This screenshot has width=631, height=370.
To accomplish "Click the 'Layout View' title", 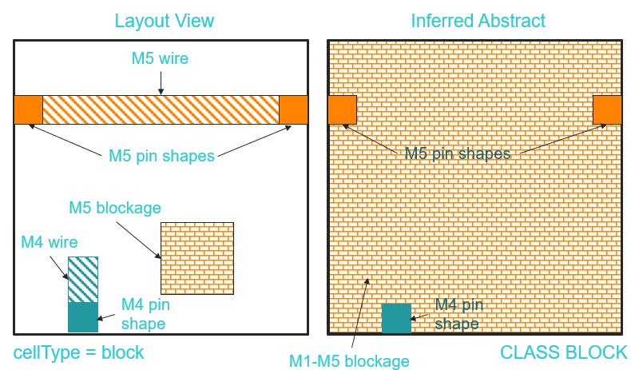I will [165, 21].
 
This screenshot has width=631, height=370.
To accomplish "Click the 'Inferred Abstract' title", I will [478, 21].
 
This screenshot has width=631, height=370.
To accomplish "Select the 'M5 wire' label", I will [161, 58].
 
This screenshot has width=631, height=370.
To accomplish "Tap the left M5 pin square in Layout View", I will [28, 109].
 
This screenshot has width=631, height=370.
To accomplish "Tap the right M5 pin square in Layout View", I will [293, 109].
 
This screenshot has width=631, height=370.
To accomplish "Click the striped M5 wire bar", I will [161, 109].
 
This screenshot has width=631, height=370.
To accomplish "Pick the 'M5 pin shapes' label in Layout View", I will [161, 156].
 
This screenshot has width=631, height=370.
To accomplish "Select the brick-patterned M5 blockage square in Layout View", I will [197, 258].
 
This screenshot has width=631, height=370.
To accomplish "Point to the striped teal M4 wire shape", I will [83, 279].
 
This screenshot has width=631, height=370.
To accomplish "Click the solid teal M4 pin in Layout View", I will [83, 316].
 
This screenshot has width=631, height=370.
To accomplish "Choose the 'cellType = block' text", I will [78, 352].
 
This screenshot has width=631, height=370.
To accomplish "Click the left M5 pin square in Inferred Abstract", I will [342, 109].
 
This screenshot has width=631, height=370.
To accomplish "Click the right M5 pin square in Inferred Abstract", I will [607, 109].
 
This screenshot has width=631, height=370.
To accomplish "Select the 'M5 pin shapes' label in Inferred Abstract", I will [457, 153].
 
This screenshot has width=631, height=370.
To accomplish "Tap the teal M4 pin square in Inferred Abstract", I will [396, 318].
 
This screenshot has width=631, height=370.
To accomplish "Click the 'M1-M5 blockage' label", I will [349, 360].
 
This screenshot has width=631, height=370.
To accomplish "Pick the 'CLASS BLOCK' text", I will [564, 352].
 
